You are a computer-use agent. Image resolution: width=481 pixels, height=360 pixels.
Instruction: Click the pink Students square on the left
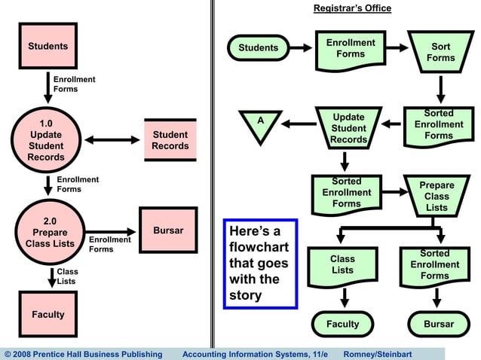48,46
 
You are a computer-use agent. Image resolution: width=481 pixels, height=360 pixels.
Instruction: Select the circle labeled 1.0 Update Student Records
46,139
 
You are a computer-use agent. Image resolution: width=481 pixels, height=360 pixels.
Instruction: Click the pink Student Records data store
170,140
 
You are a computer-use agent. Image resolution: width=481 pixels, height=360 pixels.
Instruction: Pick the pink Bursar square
168,230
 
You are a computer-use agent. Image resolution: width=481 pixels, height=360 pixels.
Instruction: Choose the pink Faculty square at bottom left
47,315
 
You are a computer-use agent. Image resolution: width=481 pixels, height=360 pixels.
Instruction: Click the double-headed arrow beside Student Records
112,140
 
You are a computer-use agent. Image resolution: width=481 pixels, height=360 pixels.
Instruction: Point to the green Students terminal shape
259,48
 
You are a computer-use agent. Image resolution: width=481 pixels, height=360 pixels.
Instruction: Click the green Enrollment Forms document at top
350,48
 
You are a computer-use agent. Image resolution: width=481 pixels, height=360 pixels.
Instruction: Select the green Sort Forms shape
440,51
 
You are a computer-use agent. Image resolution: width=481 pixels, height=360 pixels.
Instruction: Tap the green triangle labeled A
260,125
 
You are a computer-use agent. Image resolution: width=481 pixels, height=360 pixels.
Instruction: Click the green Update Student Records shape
348,129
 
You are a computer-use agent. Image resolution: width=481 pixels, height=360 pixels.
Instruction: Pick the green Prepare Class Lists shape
437,197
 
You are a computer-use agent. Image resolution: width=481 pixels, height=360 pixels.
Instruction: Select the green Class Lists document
342,265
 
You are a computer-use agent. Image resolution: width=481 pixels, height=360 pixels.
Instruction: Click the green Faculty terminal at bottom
342,325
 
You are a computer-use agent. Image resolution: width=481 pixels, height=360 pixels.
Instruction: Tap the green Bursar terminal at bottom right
439,325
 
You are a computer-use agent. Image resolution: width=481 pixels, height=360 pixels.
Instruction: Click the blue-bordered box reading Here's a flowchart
260,264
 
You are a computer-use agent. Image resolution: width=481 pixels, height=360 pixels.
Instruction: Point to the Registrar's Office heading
352,8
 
